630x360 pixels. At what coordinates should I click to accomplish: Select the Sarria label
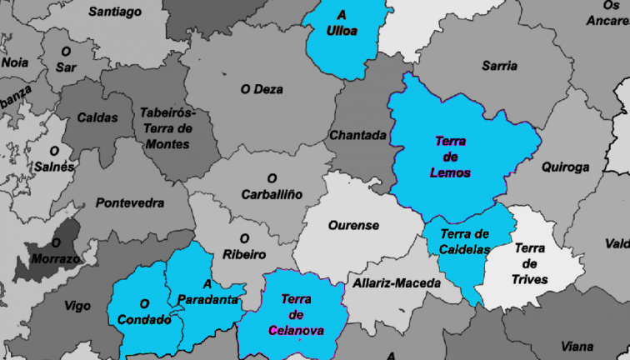(499, 66)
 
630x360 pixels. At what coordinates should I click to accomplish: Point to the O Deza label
(262, 89)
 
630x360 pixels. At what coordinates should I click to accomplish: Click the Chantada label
(358, 135)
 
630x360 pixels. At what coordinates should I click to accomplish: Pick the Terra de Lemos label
(451, 157)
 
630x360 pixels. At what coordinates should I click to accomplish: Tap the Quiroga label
(565, 167)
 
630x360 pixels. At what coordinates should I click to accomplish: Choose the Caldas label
(97, 117)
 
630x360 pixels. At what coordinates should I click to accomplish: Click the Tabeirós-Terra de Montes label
(167, 128)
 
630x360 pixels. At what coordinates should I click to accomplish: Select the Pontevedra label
(130, 202)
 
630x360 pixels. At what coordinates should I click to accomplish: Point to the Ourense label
(353, 225)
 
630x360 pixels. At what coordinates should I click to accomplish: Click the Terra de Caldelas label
(464, 242)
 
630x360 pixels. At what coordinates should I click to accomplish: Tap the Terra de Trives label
(530, 263)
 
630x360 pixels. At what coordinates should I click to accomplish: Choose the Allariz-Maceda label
(397, 283)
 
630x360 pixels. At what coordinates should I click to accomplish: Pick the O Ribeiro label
(244, 246)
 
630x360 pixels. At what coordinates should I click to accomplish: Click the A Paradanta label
(209, 292)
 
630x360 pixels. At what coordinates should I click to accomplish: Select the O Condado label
(144, 312)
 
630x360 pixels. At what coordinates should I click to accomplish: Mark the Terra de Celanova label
(296, 314)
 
